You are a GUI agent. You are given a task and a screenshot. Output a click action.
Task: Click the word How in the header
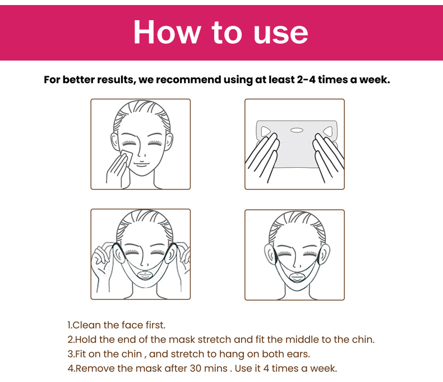coord(167,32)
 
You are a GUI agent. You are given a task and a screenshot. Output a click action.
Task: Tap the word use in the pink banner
coord(280,34)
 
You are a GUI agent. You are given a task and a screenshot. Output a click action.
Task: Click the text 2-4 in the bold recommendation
coord(306,80)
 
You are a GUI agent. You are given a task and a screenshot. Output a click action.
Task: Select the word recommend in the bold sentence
coord(189,80)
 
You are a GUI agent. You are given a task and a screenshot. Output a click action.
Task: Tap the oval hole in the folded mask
coord(297,130)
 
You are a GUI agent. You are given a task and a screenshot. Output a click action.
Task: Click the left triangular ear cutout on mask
coord(266,131)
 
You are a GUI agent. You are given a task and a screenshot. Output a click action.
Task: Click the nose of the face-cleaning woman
coord(142,154)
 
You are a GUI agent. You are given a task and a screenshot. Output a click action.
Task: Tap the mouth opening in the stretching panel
coord(145,275)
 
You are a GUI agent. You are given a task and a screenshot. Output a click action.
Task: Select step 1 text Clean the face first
coord(117,325)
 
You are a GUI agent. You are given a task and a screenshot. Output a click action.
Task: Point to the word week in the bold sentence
coord(375,80)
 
